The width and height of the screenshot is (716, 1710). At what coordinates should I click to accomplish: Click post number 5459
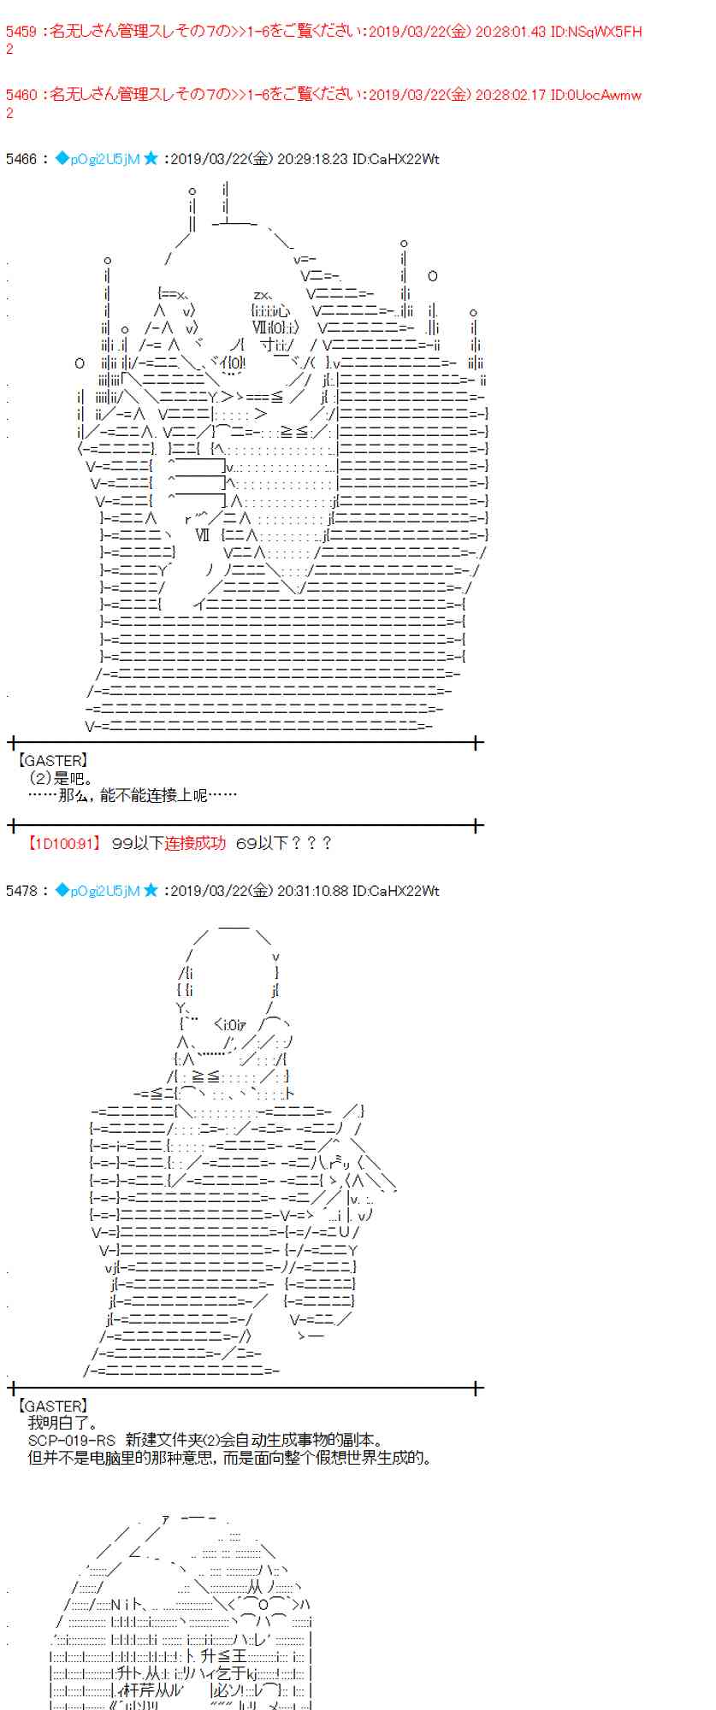(21, 32)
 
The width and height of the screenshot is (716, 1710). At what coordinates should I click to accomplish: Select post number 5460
(21, 95)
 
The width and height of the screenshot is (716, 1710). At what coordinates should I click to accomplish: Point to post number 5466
(21, 159)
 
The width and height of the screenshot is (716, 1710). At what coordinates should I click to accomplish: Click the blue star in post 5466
(151, 159)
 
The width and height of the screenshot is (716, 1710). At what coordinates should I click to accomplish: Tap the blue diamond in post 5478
(62, 891)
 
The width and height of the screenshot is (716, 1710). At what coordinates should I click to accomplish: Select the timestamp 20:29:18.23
(312, 159)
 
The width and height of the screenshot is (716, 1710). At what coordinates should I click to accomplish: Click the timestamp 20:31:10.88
(312, 891)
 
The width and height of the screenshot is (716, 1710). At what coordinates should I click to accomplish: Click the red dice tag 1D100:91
(63, 844)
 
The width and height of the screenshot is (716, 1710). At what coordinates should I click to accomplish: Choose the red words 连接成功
(195, 844)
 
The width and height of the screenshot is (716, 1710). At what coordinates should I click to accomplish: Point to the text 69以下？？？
(283, 844)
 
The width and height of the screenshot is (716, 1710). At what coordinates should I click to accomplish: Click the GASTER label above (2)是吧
(52, 761)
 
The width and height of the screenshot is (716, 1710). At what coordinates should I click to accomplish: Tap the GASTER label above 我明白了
(52, 1406)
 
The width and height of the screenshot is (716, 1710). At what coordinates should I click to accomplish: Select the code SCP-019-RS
(71, 1441)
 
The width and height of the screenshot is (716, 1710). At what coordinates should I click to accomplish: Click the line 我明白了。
(62, 1424)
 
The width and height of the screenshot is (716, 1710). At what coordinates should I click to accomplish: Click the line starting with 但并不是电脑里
(229, 1458)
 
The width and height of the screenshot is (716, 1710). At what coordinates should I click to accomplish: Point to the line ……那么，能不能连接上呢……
(133, 795)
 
